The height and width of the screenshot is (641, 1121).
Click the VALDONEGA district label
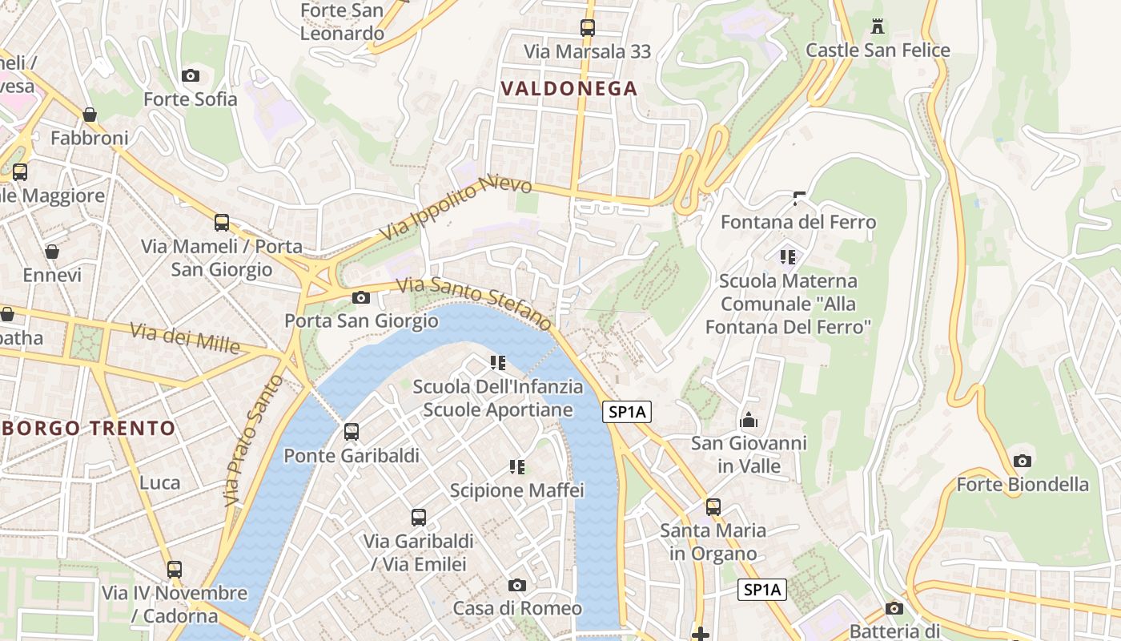(x=569, y=88)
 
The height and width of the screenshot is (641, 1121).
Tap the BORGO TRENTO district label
(x=89, y=428)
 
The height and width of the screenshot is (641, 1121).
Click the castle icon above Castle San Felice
(x=878, y=26)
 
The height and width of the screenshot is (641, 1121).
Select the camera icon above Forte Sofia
(x=191, y=75)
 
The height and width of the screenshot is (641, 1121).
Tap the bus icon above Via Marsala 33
(x=588, y=28)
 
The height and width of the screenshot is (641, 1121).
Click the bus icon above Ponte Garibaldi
(x=352, y=432)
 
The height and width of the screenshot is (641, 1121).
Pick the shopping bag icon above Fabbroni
(x=90, y=115)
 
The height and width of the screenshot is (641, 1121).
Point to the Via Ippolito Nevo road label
(x=456, y=209)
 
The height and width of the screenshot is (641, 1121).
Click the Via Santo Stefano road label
(x=475, y=302)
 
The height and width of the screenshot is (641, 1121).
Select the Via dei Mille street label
(x=186, y=337)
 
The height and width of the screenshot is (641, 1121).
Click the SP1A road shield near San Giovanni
(x=626, y=412)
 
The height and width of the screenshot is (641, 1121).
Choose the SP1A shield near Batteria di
(x=761, y=590)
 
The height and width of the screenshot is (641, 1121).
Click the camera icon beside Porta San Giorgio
(x=361, y=298)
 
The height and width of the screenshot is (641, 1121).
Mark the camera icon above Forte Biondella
(x=1022, y=461)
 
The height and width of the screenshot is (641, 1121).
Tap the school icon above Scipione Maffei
(x=517, y=466)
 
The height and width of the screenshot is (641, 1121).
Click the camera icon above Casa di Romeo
(x=517, y=585)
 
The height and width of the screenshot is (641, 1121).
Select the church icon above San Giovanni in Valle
(x=749, y=420)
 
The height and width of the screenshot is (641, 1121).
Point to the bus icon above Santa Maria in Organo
(x=713, y=507)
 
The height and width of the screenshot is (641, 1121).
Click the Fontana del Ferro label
(x=798, y=222)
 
